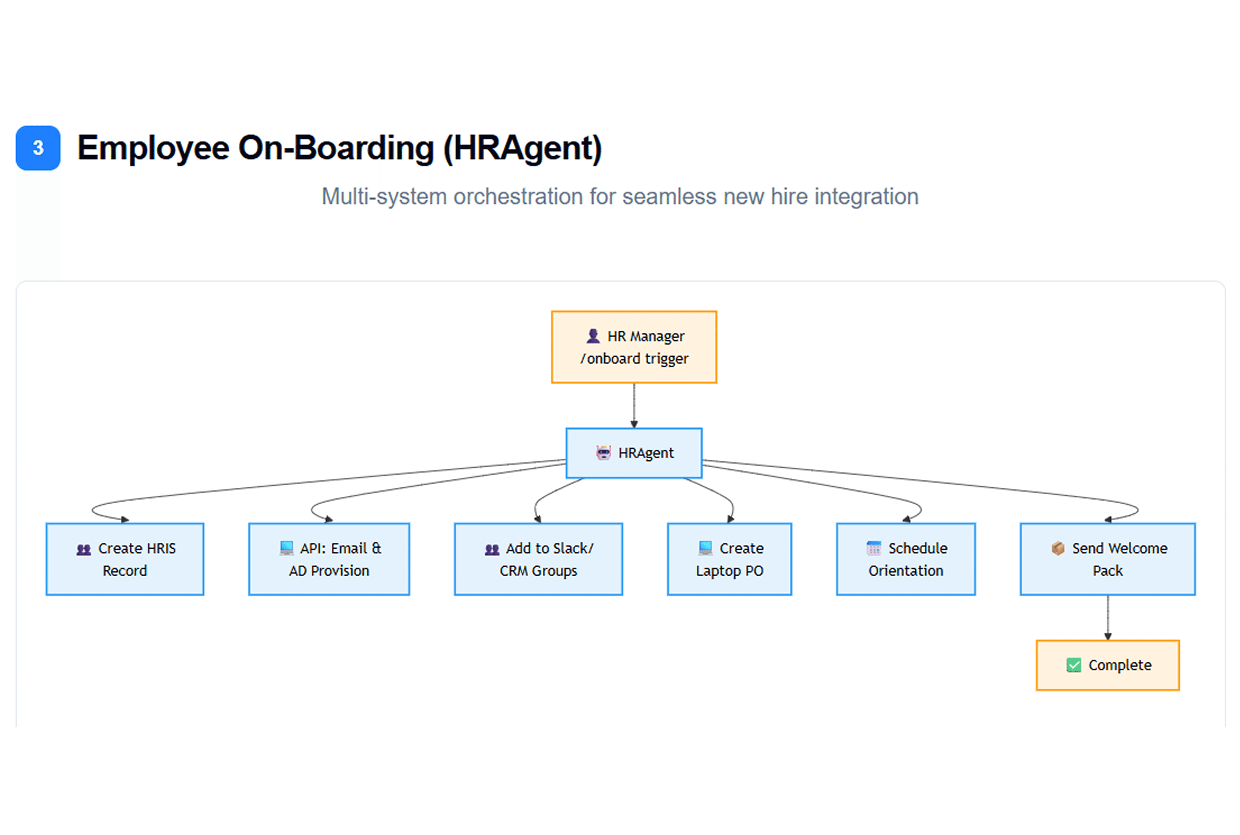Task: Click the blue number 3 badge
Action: (x=38, y=148)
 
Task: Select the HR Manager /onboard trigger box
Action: (x=634, y=347)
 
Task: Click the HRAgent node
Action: (x=634, y=453)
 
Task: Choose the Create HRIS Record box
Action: (x=125, y=559)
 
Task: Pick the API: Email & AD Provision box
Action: (x=329, y=559)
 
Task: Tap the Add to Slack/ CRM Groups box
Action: (x=539, y=559)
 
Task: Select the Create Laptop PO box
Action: (x=730, y=559)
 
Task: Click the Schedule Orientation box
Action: (x=906, y=559)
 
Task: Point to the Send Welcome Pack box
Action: (x=1108, y=559)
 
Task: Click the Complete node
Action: (x=1108, y=665)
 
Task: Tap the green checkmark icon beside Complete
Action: (x=1074, y=665)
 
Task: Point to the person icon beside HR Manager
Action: (x=593, y=336)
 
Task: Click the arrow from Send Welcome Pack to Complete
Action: (x=1108, y=618)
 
